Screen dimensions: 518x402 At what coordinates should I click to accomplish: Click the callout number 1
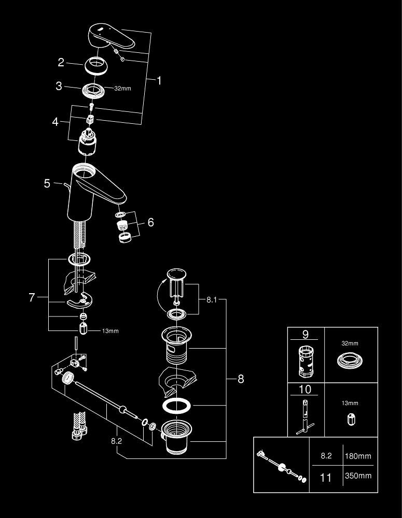tap(159, 81)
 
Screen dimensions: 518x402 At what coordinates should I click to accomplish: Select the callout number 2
tap(61, 63)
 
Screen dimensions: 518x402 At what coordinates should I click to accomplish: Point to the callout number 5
tap(47, 183)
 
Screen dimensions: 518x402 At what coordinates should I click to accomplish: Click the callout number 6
tap(150, 222)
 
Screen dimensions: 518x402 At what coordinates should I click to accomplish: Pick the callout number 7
tap(32, 297)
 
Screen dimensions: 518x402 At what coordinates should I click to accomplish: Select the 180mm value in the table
tap(358, 456)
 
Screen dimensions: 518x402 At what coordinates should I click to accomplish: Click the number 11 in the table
tap(325, 477)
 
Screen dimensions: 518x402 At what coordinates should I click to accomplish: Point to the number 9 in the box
tap(306, 335)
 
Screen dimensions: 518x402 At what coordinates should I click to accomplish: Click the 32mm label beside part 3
tap(122, 89)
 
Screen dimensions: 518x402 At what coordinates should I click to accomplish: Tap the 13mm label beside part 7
tap(110, 330)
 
